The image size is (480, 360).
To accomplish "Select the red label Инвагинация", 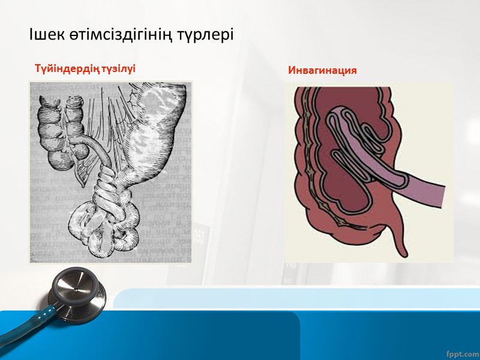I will (x=322, y=71).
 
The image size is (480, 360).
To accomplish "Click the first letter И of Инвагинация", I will (x=292, y=71).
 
